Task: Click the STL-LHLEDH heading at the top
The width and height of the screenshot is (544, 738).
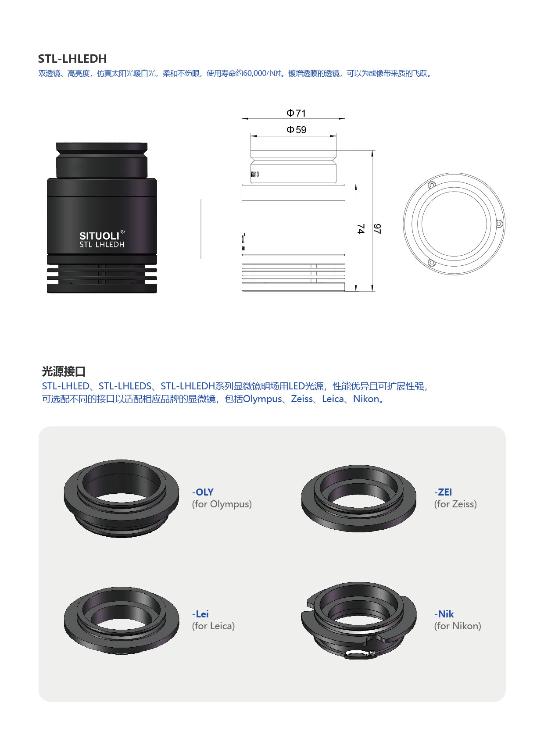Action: pyautogui.click(x=72, y=59)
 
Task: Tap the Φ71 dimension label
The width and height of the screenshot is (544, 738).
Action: pyautogui.click(x=296, y=113)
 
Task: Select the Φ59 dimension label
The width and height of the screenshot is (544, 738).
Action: pyautogui.click(x=296, y=129)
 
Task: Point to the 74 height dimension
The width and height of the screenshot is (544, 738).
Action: pyautogui.click(x=361, y=228)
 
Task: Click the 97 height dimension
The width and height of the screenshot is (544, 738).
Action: pyautogui.click(x=377, y=228)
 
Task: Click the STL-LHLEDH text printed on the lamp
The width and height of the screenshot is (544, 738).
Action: pyautogui.click(x=101, y=244)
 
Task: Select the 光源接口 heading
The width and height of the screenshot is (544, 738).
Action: pyautogui.click(x=63, y=371)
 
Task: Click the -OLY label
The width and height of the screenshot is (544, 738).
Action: pyautogui.click(x=203, y=492)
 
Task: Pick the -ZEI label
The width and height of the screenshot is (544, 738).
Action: pyautogui.click(x=443, y=492)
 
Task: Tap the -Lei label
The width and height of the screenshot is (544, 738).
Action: pyautogui.click(x=200, y=614)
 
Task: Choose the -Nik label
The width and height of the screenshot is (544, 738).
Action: pyautogui.click(x=444, y=614)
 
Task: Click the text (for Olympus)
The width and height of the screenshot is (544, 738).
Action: pyautogui.click(x=222, y=504)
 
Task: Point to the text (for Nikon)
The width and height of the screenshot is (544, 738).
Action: pyautogui.click(x=457, y=626)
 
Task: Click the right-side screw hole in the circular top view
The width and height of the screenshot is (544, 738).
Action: pyautogui.click(x=499, y=224)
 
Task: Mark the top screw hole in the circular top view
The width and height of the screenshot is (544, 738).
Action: pyautogui.click(x=432, y=185)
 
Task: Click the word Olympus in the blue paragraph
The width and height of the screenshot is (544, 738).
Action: pyautogui.click(x=262, y=399)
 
